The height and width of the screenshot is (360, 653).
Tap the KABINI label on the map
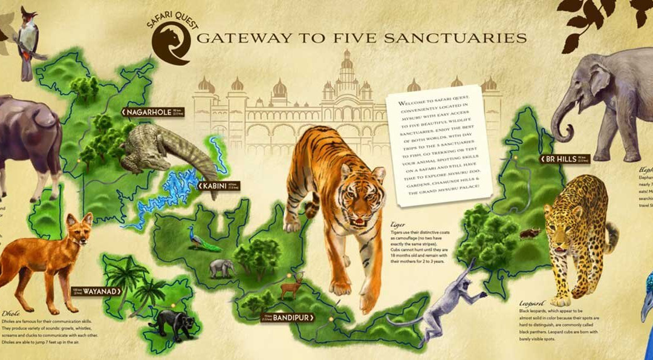tap(215, 186)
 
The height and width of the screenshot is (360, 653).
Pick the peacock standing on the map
tap(201, 240)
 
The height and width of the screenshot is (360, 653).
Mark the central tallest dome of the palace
tap(346, 64)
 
